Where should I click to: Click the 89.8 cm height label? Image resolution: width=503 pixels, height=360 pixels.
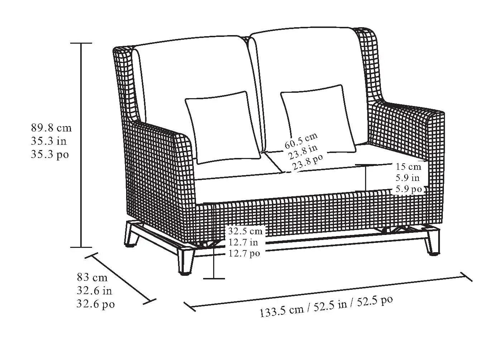click(51, 128)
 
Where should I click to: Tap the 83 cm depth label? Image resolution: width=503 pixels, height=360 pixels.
click(92, 277)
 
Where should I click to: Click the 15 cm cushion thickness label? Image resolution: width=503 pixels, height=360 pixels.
click(408, 167)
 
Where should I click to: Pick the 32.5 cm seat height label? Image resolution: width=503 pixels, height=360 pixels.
click(245, 231)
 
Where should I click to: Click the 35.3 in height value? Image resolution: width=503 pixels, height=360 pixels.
click(48, 141)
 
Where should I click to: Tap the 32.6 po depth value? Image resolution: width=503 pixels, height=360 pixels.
click(95, 304)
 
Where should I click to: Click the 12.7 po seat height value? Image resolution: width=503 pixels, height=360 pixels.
click(244, 254)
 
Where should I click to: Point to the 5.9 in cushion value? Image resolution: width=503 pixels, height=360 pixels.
click(408, 178)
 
